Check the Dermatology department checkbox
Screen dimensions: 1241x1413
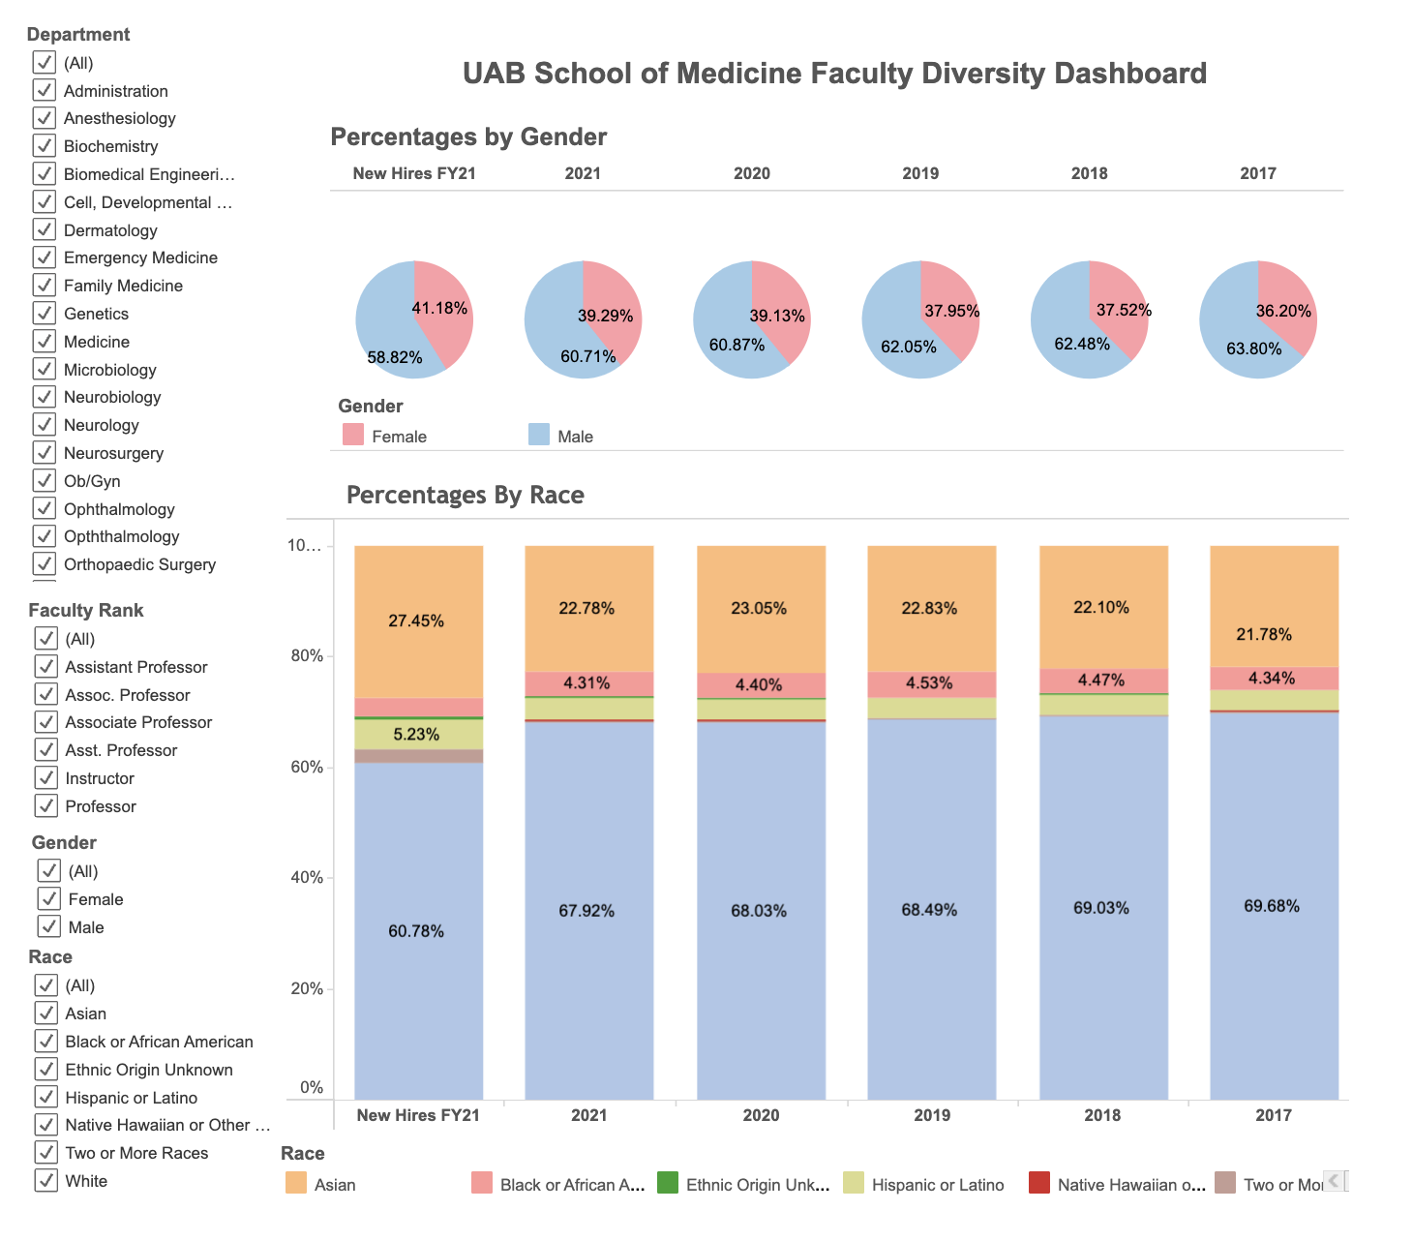point(45,229)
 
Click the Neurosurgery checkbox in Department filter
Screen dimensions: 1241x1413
point(45,452)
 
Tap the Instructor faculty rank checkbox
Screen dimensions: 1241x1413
point(45,777)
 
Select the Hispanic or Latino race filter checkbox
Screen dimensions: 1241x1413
point(45,1097)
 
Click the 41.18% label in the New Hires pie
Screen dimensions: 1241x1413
point(439,309)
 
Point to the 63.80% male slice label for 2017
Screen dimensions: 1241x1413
point(1253,348)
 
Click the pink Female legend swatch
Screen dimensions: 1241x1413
point(353,435)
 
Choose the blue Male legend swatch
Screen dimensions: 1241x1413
point(539,435)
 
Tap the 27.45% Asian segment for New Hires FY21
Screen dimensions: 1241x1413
point(416,620)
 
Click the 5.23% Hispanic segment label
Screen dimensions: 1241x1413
point(416,735)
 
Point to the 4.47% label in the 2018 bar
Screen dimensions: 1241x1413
point(1101,681)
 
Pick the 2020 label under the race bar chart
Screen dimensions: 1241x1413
point(761,1115)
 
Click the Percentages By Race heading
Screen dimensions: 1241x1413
point(466,496)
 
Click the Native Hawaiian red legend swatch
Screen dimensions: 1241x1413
point(1039,1183)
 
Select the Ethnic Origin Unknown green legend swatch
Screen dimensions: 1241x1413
point(668,1183)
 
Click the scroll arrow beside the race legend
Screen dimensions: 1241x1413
point(1334,1181)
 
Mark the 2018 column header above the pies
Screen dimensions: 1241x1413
point(1089,173)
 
